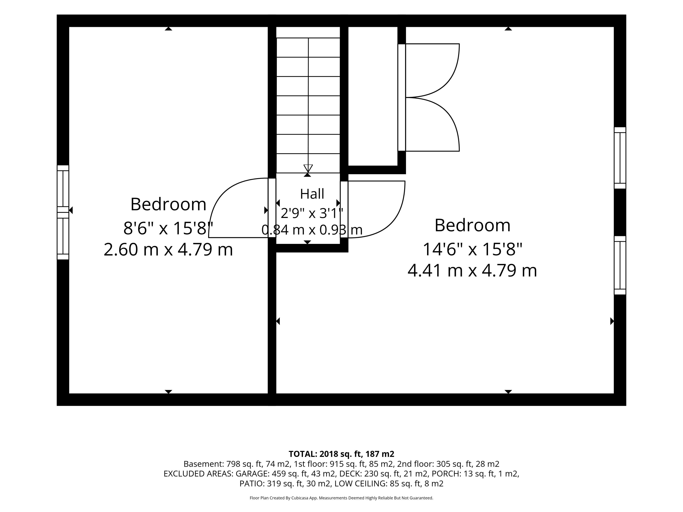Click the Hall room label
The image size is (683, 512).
tap(312, 194)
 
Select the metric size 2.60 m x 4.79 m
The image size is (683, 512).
tap(168, 249)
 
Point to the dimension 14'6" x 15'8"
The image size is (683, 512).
tap(472, 249)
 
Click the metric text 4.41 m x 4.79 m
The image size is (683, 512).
tap(472, 270)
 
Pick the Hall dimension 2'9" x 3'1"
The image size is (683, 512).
tap(312, 213)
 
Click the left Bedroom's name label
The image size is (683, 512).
tap(168, 204)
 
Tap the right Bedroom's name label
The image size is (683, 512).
tap(472, 225)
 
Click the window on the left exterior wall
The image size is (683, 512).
tap(63, 212)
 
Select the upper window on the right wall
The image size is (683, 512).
tap(620, 158)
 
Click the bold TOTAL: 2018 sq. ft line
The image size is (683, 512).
tap(341, 454)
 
